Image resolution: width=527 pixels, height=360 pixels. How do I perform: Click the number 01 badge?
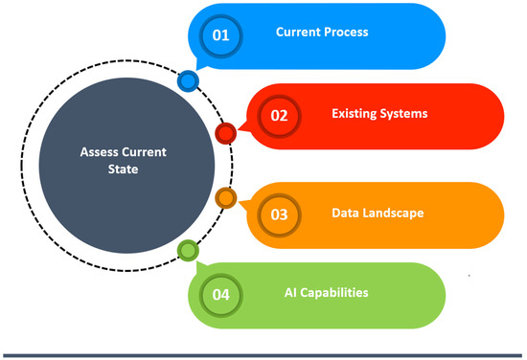221,36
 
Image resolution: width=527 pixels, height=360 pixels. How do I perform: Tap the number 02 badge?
280,117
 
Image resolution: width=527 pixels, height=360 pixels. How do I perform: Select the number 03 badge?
279,214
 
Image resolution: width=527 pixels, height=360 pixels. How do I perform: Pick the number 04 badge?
220,294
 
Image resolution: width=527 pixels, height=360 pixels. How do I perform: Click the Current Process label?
322,33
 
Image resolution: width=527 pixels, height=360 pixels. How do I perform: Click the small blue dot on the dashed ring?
189,81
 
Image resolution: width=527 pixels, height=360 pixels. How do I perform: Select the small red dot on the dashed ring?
226,133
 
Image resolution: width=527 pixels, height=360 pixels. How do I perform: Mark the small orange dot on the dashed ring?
226,198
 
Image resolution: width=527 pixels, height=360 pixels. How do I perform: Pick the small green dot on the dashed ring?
189,251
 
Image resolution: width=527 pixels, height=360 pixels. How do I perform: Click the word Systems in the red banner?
401,114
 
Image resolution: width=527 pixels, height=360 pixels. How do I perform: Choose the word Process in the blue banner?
346,33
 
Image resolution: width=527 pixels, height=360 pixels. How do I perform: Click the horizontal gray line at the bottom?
263,354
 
